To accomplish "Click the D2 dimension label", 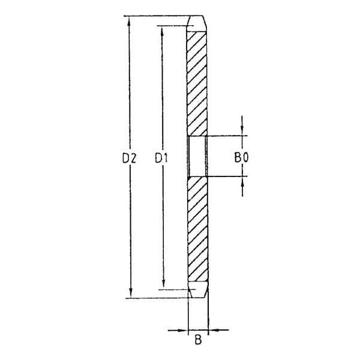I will [130, 158].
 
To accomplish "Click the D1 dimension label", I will [161, 158].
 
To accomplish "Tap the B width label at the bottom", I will [197, 343].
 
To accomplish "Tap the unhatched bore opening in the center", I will [197, 157].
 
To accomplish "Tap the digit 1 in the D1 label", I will [165, 158].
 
